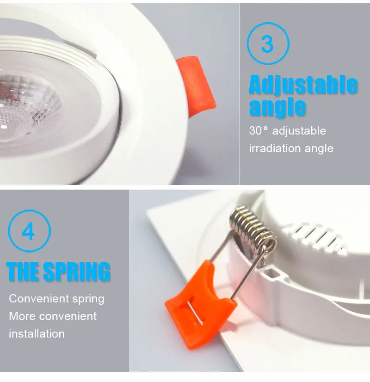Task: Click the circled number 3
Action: tap(268, 43)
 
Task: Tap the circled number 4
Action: tap(29, 231)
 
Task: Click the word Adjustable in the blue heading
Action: tap(303, 85)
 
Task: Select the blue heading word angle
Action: tap(277, 107)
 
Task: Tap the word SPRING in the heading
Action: tap(77, 271)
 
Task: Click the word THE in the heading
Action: tap(24, 271)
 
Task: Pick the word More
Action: tap(22, 316)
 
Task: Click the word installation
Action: tap(37, 334)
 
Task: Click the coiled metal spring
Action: tap(254, 228)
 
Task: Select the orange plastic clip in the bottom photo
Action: tap(200, 304)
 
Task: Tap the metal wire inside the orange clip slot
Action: tap(195, 313)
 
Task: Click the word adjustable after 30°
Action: tap(299, 131)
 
